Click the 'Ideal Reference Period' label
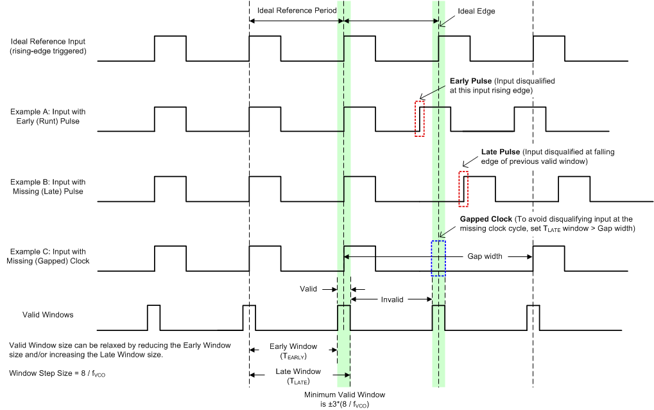pos(297,11)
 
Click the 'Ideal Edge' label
pos(476,12)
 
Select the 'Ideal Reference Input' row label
pos(48,46)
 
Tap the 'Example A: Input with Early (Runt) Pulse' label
pos(48,116)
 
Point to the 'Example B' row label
pos(48,186)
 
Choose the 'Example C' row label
pos(48,256)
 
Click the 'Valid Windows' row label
pos(48,315)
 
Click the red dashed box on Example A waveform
pos(420,118)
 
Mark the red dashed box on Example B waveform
pos(463,189)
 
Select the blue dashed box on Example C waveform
pos(438,258)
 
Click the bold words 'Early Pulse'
pos(470,82)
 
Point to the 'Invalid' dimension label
pos(392,299)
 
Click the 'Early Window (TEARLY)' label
pos(293,351)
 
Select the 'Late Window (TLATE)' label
pos(298,376)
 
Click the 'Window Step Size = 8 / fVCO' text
pos(57,373)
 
